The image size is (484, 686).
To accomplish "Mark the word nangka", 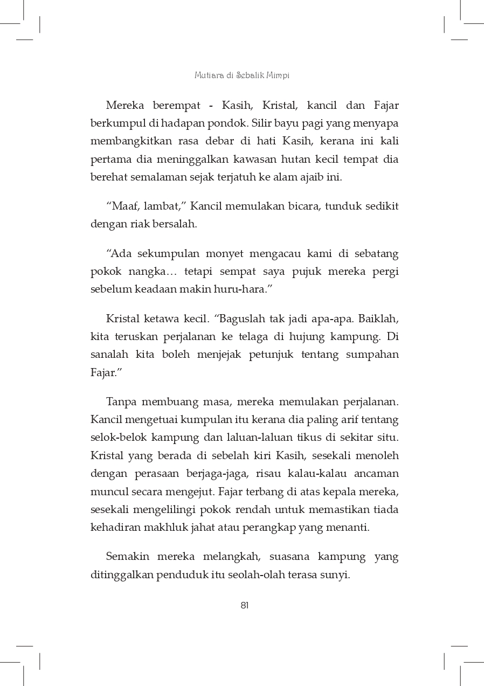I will tap(147, 271).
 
